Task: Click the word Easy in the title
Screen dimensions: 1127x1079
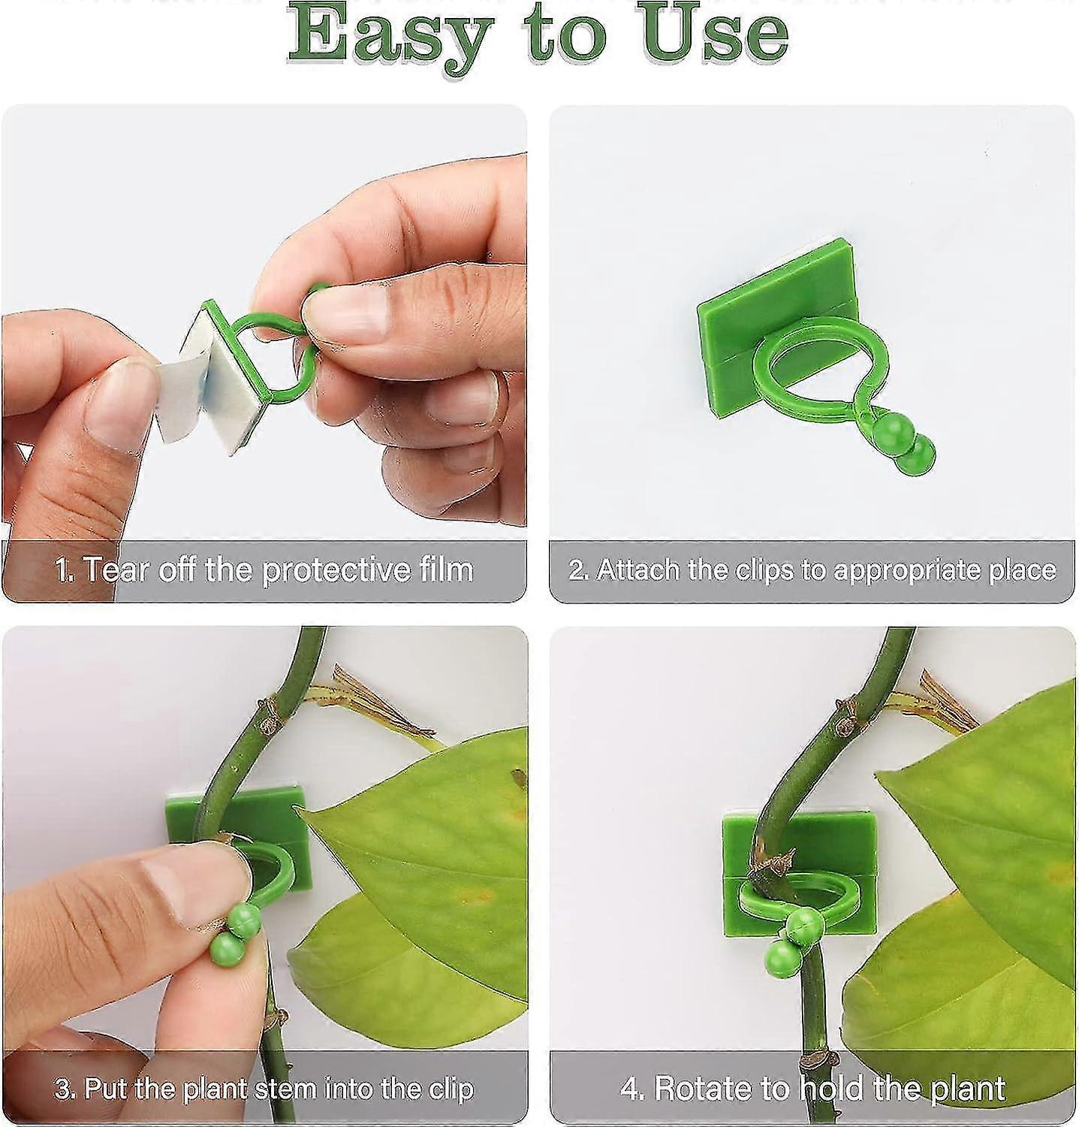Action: point(390,34)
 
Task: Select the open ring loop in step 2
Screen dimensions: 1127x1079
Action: point(818,368)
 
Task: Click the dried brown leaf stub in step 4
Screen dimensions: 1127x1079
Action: point(939,699)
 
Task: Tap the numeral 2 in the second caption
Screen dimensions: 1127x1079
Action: point(577,570)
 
